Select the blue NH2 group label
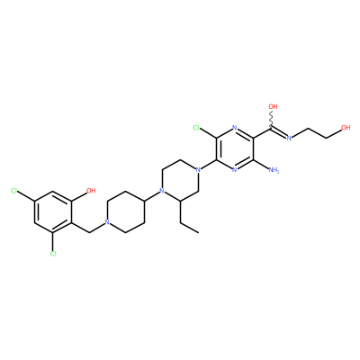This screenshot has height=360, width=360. click(274, 170)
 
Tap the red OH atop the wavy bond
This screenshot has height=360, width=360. click(273, 106)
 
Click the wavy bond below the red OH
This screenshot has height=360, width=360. click(273, 120)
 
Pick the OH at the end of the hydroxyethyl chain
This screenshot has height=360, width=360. click(346, 128)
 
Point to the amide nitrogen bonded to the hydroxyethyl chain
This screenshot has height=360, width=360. click(289, 138)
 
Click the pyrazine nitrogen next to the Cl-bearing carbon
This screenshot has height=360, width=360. click(235, 128)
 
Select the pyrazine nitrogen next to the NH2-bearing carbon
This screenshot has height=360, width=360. click(235, 170)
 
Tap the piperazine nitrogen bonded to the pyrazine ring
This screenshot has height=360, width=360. click(197, 170)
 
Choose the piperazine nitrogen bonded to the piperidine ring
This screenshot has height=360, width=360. click(162, 191)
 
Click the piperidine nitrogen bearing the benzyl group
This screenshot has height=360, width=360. click(106, 222)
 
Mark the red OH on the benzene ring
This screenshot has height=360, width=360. click(91, 191)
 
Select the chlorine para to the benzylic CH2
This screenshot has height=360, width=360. click(13, 191)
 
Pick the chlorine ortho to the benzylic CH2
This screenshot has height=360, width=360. click(53, 254)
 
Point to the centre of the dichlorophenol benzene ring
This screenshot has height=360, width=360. click(53, 211)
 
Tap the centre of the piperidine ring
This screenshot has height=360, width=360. click(125, 211)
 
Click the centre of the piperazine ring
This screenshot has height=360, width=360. click(180, 180)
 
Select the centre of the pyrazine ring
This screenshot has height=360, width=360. click(235, 148)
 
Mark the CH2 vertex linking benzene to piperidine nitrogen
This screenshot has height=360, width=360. click(89, 232)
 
